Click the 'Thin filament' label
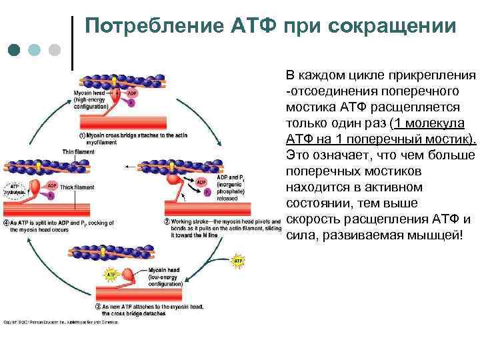pos(77,151)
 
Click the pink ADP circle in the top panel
pos(132,94)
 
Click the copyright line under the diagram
pos(60,322)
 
